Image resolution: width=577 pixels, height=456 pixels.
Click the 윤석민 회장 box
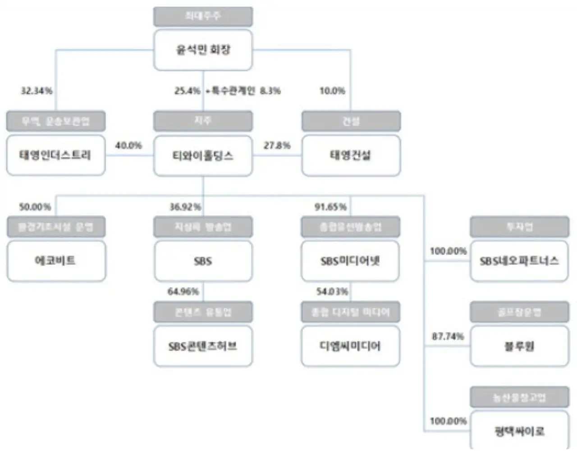203,50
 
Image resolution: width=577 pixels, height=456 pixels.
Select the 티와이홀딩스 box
203,156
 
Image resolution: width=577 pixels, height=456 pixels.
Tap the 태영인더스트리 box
55,155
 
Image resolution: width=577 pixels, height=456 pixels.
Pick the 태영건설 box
351,156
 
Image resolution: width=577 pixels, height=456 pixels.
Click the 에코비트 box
56,261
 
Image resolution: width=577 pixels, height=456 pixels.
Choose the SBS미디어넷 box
350,261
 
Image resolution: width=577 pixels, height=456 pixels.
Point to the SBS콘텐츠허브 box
203,346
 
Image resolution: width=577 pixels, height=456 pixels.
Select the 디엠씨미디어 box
350,346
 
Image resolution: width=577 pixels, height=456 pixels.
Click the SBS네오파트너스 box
519,261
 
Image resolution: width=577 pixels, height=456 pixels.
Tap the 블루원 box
519,346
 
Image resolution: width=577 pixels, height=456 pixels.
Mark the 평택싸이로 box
519,431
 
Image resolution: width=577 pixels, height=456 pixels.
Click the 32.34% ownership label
37,91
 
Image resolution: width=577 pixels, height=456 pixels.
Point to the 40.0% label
128,146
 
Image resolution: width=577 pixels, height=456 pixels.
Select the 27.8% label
277,146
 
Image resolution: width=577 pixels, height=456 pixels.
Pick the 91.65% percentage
330,207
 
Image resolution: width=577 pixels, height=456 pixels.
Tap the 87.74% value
448,337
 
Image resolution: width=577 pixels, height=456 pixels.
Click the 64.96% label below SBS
183,292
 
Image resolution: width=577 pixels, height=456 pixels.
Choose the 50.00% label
35,207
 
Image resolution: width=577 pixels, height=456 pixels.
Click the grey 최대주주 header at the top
203,17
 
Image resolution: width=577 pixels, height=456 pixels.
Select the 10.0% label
332,91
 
